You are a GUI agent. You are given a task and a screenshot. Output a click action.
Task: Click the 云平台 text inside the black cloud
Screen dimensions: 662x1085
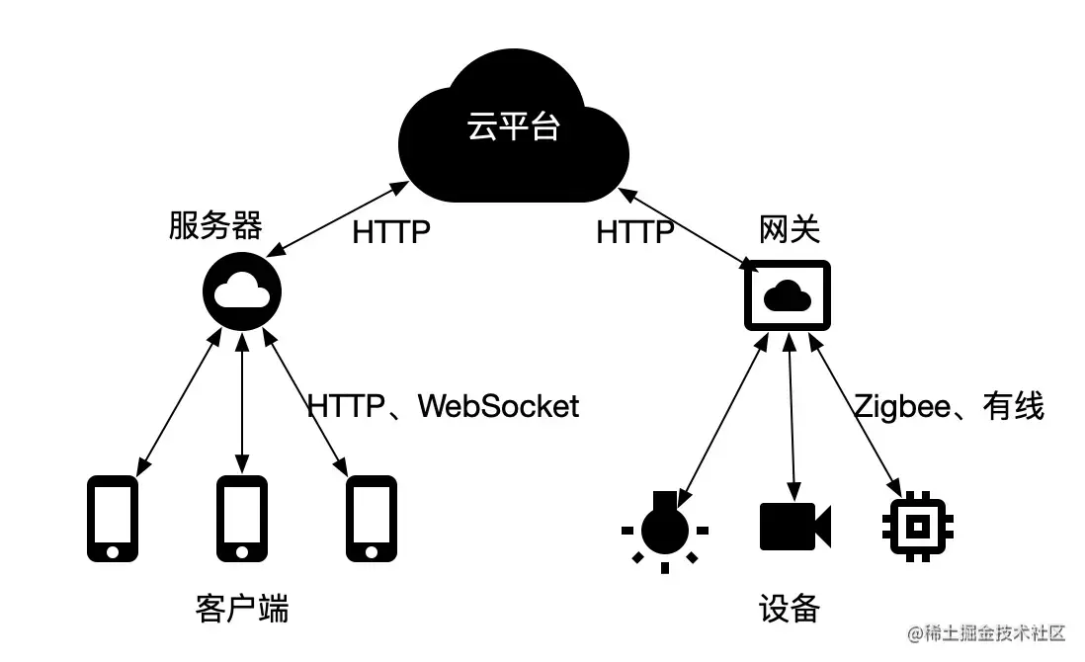click(513, 127)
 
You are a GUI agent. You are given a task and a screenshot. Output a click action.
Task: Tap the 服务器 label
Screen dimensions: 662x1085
click(215, 227)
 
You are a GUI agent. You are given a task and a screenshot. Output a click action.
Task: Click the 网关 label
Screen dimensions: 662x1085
click(789, 229)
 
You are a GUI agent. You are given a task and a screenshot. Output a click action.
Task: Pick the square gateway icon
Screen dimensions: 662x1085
click(788, 294)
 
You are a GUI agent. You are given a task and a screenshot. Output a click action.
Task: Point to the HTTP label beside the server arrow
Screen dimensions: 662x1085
click(391, 233)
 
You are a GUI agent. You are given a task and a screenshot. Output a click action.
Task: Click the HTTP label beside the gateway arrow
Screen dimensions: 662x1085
click(635, 233)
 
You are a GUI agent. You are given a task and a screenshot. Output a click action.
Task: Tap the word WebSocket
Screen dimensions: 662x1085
click(498, 406)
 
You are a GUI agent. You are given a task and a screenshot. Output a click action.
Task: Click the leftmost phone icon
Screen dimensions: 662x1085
click(113, 519)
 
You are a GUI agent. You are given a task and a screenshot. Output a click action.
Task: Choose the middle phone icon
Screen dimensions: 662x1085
click(242, 519)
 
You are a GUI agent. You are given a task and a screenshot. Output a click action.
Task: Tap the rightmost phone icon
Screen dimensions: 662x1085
click(371, 519)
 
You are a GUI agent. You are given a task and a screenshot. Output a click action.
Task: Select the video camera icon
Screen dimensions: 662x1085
click(794, 526)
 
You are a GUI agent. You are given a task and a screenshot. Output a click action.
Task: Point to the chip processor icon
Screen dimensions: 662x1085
click(916, 525)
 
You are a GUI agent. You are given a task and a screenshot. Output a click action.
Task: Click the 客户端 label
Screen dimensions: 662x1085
click(243, 608)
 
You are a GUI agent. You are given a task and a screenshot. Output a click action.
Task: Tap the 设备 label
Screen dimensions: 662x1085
click(789, 608)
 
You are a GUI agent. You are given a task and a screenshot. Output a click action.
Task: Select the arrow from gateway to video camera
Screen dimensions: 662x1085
click(791, 415)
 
